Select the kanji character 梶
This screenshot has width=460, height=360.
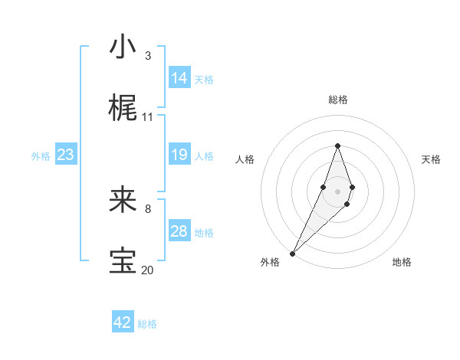point(123,109)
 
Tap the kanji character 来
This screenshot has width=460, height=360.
point(123,201)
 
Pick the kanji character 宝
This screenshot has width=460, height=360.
point(123,261)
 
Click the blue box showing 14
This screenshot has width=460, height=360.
point(179,78)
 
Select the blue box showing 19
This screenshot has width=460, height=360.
point(179,155)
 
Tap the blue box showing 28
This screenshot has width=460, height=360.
point(179,231)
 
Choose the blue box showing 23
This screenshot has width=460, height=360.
point(65,155)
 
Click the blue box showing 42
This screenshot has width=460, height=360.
point(122,322)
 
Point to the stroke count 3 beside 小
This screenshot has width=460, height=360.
point(147,55)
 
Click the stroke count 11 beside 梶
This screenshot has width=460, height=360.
point(148,116)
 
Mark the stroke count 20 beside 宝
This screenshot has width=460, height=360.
point(148,270)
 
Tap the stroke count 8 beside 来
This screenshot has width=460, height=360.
point(147,208)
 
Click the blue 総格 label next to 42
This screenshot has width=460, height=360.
point(147,324)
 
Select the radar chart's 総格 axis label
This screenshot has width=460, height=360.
point(337,100)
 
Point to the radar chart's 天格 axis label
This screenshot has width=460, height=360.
point(432,159)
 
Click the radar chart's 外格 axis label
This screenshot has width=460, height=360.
point(269,262)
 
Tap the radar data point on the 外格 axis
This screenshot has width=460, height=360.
point(292,252)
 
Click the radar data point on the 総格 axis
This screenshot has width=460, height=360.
point(337,146)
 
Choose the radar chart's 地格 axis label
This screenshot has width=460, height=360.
point(402,262)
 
